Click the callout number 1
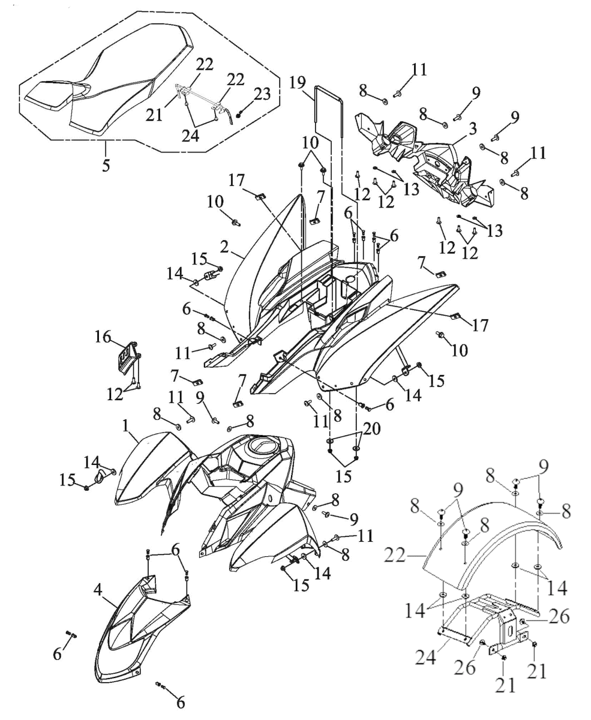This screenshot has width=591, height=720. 127,426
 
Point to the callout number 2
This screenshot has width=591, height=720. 224,247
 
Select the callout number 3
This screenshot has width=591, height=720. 472,129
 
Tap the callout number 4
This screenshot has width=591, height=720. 98,590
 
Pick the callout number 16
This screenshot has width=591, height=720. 103,337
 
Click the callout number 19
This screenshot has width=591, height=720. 298,83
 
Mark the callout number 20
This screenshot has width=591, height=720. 372,429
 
